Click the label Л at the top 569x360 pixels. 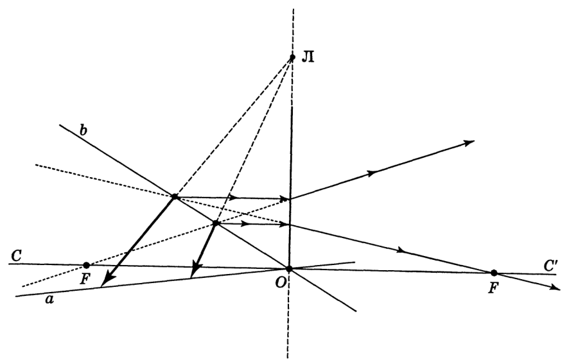tap(308, 57)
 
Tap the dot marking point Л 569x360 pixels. tap(292, 57)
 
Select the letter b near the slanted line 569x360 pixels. tap(83, 130)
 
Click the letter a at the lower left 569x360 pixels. tap(49, 300)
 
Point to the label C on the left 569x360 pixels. tap(16, 256)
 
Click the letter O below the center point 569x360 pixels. tap(280, 283)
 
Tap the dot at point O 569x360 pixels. tap(289, 269)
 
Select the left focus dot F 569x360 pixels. tap(86, 265)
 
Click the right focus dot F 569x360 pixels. tap(493, 273)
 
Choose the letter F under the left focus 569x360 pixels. tap(84, 280)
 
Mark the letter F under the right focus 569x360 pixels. tap(493, 289)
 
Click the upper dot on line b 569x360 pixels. tap(175, 197)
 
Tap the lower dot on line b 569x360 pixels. tap(216, 223)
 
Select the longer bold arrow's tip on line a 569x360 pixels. tap(101, 286)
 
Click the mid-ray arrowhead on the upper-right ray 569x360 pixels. tap(372, 173)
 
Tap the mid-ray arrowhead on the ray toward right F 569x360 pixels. tap(401, 250)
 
